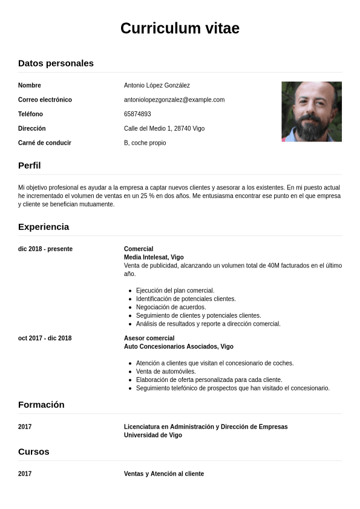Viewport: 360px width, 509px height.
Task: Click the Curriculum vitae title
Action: coord(180,28)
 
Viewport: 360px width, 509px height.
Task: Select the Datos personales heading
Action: coord(56,63)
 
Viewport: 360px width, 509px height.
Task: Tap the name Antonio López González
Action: coord(157,85)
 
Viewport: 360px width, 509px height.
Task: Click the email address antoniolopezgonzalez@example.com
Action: coord(174,100)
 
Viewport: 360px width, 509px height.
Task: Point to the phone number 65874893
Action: coord(137,114)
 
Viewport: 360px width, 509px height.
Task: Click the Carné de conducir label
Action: coord(45,143)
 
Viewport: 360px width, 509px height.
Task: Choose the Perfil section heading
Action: coord(30,165)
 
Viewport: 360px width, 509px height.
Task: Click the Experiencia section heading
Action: coord(44,226)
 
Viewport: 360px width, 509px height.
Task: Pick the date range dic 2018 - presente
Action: coord(45,249)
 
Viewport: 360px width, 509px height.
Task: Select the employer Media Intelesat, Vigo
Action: coord(154,257)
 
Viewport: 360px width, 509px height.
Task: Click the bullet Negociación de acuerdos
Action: coord(171,307)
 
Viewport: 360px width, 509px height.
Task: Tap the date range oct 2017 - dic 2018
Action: coord(45,338)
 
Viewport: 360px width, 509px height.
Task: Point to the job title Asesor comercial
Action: coord(149,338)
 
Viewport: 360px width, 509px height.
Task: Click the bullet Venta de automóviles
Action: coord(166,371)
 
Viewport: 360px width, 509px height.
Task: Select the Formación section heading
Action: coord(41,404)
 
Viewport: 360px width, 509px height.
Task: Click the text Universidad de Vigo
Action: coord(152,435)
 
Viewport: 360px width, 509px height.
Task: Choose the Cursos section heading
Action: coord(34,452)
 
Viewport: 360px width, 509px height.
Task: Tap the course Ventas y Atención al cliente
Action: coord(164,473)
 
